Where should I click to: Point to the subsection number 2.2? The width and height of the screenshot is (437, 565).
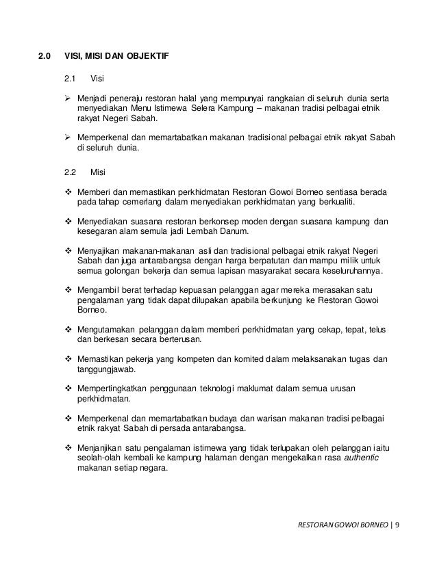[70, 172]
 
